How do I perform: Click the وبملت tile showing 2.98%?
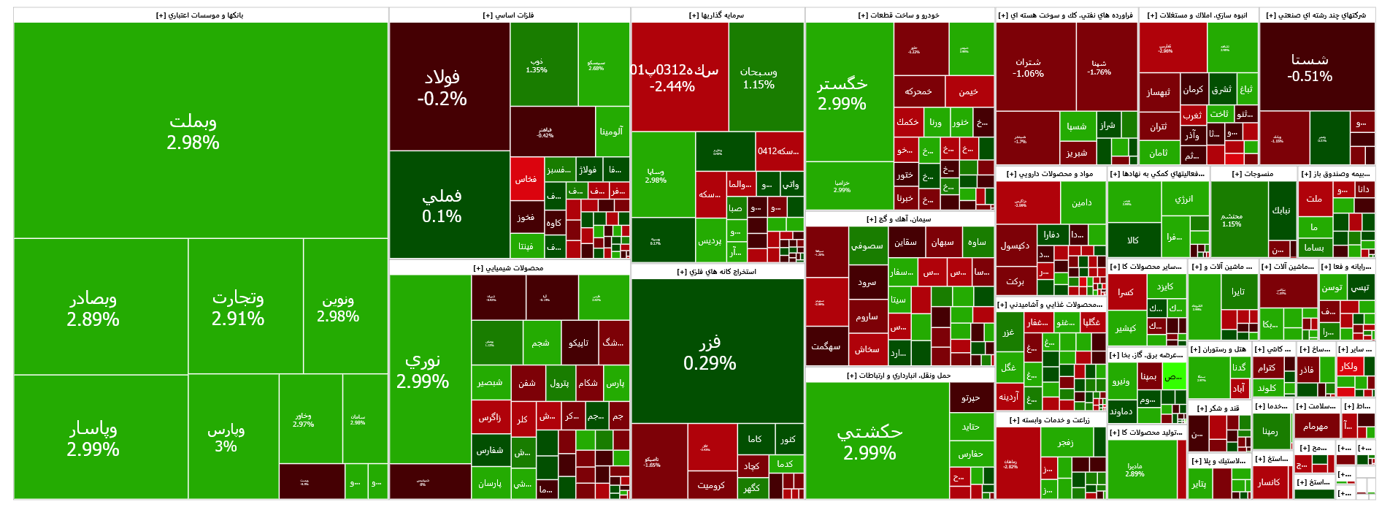[193, 131]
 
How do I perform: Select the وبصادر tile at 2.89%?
[93, 308]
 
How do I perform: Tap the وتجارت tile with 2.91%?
[238, 308]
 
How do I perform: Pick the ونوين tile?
[337, 308]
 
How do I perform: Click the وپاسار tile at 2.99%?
[93, 438]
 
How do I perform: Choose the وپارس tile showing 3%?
[226, 437]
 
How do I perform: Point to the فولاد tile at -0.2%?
[442, 87]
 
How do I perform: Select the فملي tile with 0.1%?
[442, 205]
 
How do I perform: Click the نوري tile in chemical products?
[423, 370]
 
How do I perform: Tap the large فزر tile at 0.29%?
[710, 352]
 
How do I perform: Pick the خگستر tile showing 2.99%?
[842, 93]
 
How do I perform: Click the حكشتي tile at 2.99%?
[869, 442]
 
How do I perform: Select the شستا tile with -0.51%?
[1310, 67]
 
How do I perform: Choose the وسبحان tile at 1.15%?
[759, 77]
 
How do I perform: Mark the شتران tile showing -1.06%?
[1028, 67]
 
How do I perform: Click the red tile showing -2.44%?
[672, 77]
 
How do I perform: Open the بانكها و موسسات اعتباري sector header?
[200, 15]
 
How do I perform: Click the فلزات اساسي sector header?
[509, 15]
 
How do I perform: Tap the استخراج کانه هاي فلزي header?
[717, 272]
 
